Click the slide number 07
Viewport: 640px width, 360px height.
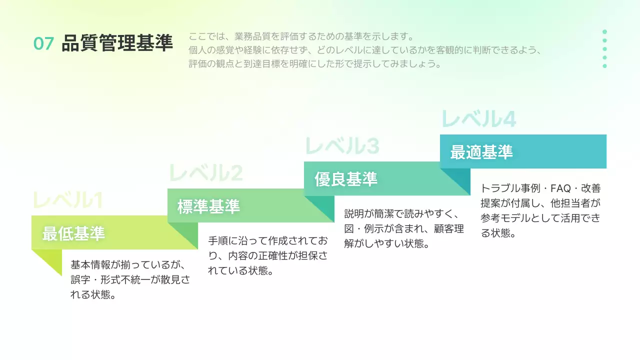coord(43,44)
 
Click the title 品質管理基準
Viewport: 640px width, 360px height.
coord(117,43)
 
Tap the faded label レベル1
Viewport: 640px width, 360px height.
coord(68,200)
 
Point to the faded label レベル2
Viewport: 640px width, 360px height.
coord(205,173)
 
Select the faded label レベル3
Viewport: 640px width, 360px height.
coord(342,146)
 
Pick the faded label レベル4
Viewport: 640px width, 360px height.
coord(478,119)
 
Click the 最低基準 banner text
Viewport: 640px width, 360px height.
coord(73,233)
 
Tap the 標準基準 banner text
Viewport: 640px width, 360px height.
coord(209,206)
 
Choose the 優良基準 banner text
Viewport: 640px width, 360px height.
coord(346,179)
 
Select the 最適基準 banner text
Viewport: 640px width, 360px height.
coord(481,152)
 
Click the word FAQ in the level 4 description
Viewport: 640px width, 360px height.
coord(560,189)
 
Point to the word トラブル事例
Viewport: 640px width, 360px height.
coord(510,189)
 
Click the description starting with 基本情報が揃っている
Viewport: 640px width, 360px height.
coord(130,279)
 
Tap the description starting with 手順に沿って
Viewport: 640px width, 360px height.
coord(267,255)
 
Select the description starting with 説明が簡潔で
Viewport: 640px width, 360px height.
coord(404,228)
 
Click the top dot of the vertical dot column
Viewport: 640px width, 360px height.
coord(604,31)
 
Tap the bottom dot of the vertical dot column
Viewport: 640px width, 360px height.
coord(604,66)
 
